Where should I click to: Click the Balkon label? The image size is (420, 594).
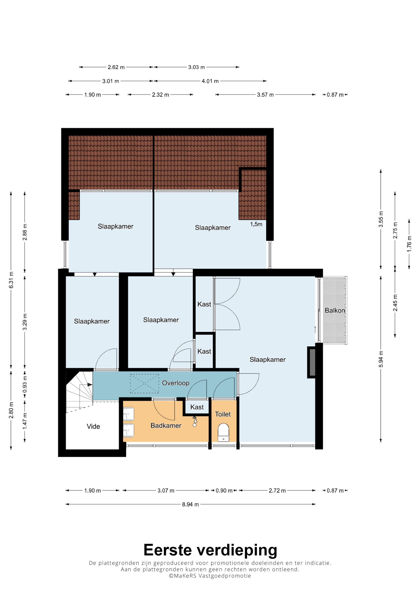point(335,310)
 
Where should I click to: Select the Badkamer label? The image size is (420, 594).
point(166,426)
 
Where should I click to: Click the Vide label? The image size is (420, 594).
point(93,426)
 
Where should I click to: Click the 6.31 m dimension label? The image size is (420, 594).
point(11,280)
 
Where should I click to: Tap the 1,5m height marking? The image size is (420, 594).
point(256,224)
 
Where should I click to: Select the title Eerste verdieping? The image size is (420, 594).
point(210,550)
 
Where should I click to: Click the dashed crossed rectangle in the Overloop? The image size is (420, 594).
point(144,383)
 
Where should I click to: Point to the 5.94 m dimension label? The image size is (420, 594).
point(381,359)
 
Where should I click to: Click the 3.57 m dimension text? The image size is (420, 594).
point(265,95)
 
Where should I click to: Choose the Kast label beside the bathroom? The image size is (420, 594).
point(197,407)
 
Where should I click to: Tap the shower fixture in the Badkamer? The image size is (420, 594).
point(195,421)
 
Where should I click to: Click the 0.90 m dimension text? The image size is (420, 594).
point(224,491)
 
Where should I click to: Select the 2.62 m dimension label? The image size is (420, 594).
point(116,67)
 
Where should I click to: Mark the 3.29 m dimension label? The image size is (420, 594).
point(25,322)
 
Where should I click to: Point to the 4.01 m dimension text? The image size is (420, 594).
point(210,81)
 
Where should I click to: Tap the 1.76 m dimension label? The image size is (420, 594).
point(409,243)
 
